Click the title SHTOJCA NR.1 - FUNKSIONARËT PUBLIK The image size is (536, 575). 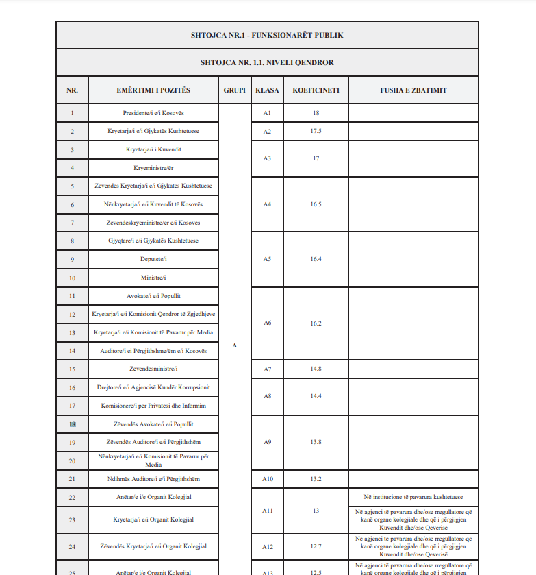click(267, 35)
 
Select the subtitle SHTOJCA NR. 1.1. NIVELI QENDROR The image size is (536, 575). click(267, 62)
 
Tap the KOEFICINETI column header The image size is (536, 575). click(316, 90)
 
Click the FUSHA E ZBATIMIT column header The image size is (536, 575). click(413, 90)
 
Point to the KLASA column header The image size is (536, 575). click(267, 90)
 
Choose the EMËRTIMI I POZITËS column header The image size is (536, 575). click(153, 90)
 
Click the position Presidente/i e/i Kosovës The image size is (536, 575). click(153, 113)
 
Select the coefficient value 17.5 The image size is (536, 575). click(316, 131)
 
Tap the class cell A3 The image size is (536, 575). click(267, 158)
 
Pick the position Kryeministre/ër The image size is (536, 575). click(153, 168)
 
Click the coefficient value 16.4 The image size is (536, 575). click(316, 259)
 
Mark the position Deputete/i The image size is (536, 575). click(153, 259)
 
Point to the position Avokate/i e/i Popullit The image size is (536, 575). click(153, 296)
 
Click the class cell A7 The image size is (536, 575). click(267, 369)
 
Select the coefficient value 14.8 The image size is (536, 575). click(316, 369)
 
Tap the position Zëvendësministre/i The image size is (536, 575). click(153, 369)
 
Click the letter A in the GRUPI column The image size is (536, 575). click(234, 345)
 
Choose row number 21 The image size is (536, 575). click(72, 478)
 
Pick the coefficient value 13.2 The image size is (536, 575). click(316, 478)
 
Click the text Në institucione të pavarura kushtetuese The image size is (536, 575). click(413, 497)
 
